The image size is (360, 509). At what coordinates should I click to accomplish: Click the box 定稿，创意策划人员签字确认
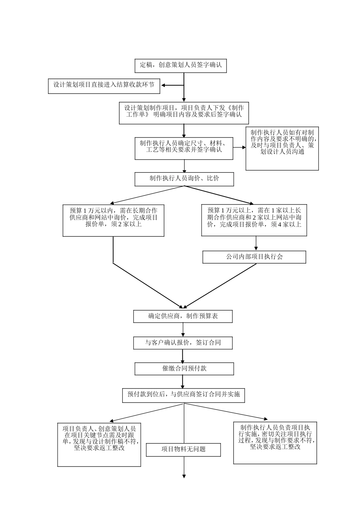(x=181, y=66)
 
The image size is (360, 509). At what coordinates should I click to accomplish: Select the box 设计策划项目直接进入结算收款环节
(x=104, y=86)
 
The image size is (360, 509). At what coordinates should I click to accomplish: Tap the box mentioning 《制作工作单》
(x=184, y=113)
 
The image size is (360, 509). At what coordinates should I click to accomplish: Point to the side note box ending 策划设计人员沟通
(x=282, y=148)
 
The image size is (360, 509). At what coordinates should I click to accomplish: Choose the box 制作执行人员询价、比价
(x=184, y=179)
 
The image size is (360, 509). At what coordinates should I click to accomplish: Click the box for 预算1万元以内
(x=113, y=220)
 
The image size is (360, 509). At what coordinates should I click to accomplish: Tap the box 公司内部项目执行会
(x=254, y=257)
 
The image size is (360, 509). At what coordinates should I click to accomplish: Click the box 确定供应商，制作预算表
(x=183, y=316)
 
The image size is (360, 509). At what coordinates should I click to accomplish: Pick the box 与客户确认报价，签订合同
(x=183, y=343)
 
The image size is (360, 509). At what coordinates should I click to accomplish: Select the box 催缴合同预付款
(x=184, y=368)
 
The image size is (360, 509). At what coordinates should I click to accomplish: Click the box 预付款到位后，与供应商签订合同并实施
(x=183, y=395)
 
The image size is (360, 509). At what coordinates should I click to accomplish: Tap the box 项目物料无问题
(x=183, y=450)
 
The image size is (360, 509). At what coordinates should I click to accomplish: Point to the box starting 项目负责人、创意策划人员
(x=99, y=444)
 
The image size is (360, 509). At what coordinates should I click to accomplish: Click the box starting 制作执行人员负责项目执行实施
(x=275, y=443)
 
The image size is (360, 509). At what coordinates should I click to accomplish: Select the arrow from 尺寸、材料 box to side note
(x=239, y=147)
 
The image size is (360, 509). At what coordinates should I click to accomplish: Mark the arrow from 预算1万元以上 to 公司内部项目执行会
(x=256, y=244)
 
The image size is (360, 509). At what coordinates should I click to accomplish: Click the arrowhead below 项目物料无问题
(x=184, y=476)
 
